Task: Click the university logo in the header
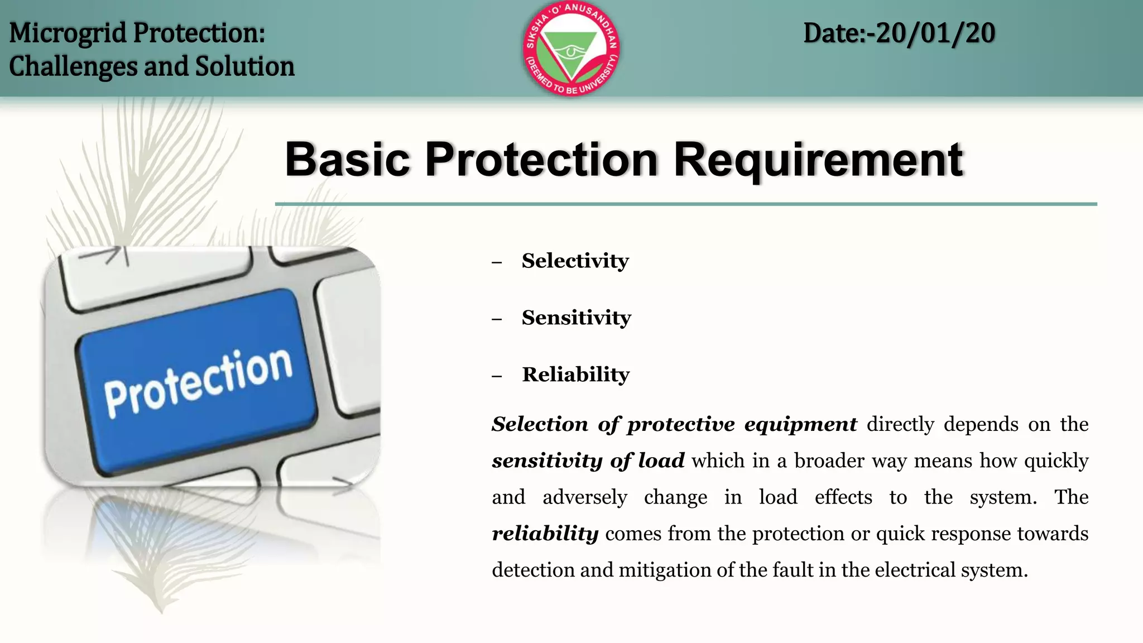pyautogui.click(x=571, y=49)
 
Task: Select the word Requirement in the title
pyautogui.click(x=818, y=160)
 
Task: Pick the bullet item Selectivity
pyautogui.click(x=575, y=261)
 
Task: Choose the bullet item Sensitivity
pyautogui.click(x=576, y=318)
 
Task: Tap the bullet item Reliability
pyautogui.click(x=575, y=375)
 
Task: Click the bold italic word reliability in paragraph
pyautogui.click(x=545, y=534)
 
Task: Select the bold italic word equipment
pyautogui.click(x=800, y=425)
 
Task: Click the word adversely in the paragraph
pyautogui.click(x=584, y=497)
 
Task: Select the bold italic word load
pyautogui.click(x=661, y=461)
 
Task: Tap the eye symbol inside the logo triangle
pyautogui.click(x=570, y=52)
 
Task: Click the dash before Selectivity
pyautogui.click(x=497, y=262)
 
